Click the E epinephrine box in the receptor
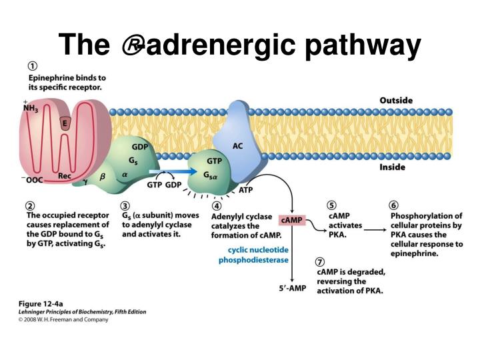pos(65,123)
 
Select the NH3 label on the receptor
pos(30,107)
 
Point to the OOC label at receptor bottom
pos(33,179)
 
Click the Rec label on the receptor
pos(64,176)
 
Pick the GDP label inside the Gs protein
pos(140,146)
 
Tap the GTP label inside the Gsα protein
pos(214,161)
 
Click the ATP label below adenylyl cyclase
pos(246,189)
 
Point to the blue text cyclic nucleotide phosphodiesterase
pos(249,255)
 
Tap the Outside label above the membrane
pos(396,100)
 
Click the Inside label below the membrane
pos(392,167)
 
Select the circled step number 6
pos(394,205)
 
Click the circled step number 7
pos(321,262)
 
